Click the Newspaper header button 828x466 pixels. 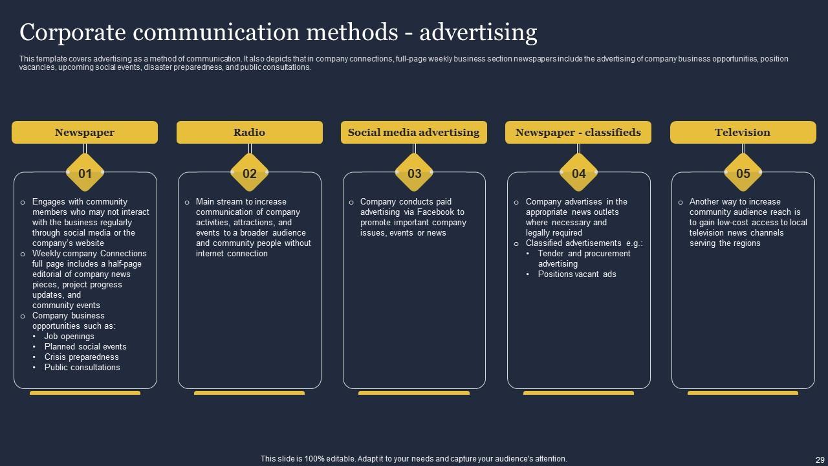[x=85, y=132]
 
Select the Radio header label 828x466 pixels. [x=249, y=132]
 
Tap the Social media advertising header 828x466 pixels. [x=413, y=132]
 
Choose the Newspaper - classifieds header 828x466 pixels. [x=578, y=132]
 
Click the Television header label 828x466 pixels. [x=743, y=132]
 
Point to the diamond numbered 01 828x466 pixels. [x=85, y=173]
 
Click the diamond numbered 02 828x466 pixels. [x=249, y=173]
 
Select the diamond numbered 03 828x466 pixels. [x=414, y=173]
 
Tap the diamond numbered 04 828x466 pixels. [x=578, y=173]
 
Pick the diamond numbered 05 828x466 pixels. [x=743, y=173]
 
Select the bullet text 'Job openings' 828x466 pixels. [x=69, y=337]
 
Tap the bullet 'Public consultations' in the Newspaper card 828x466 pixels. [x=82, y=368]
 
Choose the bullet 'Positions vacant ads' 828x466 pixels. [x=577, y=274]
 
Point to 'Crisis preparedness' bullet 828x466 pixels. [x=82, y=357]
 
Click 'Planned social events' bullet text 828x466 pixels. [x=85, y=347]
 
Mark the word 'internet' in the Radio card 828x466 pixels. [x=210, y=254]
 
